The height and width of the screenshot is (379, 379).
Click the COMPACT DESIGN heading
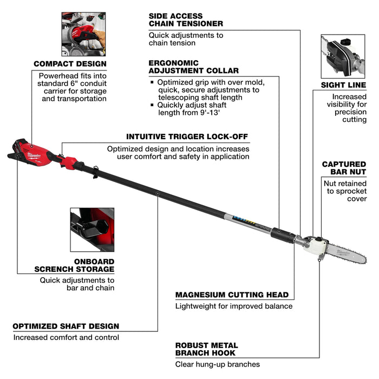point(70,64)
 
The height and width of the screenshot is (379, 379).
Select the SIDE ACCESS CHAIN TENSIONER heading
point(186,20)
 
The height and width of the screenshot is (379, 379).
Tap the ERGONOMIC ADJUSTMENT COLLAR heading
point(193,67)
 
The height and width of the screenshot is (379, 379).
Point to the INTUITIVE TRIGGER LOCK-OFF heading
point(187,136)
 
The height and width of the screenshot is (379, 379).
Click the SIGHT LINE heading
point(343,85)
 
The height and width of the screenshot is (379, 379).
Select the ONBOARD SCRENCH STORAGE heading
point(74,265)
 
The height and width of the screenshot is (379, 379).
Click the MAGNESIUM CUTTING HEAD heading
point(232,295)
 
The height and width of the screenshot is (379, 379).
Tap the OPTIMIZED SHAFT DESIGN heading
point(66,326)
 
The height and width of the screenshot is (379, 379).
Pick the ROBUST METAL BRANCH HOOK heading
point(206,349)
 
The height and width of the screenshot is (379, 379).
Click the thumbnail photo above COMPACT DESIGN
point(83,34)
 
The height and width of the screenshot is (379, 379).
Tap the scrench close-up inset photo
point(92,229)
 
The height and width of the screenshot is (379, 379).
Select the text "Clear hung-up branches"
point(217,364)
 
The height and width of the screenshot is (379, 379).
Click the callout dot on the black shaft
point(158,192)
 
